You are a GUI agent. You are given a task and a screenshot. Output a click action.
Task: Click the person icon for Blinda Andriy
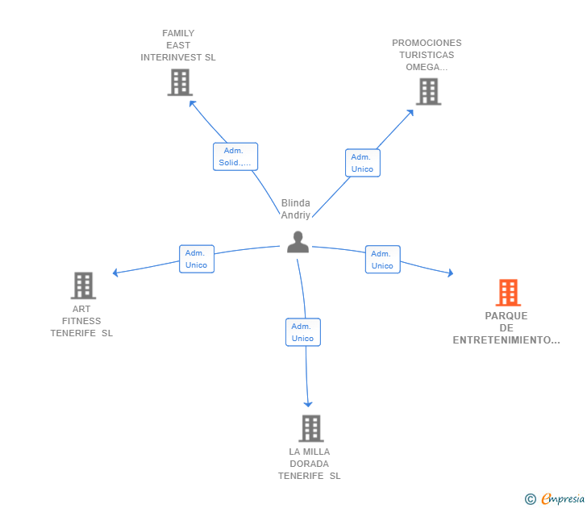pyautogui.click(x=298, y=242)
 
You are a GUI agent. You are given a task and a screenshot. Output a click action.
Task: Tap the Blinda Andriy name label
pyautogui.click(x=296, y=209)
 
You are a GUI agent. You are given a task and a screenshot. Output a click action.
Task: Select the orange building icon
pyautogui.click(x=508, y=293)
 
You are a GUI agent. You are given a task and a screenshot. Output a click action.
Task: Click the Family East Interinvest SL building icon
pyautogui.click(x=180, y=82)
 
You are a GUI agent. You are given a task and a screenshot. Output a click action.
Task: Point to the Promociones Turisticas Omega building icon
pyautogui.click(x=429, y=92)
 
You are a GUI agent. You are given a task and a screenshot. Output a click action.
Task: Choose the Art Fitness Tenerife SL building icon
pyautogui.click(x=84, y=285)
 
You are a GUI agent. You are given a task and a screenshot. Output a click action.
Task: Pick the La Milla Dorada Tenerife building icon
pyautogui.click(x=311, y=428)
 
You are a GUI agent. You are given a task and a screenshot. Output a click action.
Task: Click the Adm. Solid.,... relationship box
pyautogui.click(x=235, y=156)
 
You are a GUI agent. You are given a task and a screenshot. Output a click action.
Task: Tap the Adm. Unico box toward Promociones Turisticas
pyautogui.click(x=363, y=163)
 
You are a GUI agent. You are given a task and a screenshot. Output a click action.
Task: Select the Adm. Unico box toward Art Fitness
pyautogui.click(x=197, y=259)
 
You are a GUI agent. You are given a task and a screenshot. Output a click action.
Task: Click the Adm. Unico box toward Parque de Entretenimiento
pyautogui.click(x=382, y=260)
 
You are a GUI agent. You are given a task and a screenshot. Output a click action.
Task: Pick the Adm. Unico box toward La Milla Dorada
pyautogui.click(x=303, y=332)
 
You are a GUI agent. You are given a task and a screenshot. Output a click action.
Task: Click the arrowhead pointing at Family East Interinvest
pyautogui.click(x=192, y=103)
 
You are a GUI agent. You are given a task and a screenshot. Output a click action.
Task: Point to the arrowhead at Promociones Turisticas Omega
pyautogui.click(x=410, y=112)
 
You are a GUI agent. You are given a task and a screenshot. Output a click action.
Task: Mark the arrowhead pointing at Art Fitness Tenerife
pyautogui.click(x=115, y=273)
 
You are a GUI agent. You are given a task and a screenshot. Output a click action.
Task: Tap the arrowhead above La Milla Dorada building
pyautogui.click(x=308, y=404)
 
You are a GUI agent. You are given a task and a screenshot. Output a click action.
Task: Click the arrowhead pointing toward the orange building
pyautogui.click(x=451, y=273)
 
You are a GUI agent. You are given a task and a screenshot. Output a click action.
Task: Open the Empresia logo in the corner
pyautogui.click(x=555, y=499)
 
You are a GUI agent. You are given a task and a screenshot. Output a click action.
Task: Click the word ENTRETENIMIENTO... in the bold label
pyautogui.click(x=506, y=340)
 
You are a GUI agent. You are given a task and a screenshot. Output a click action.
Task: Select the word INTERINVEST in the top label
pyautogui.click(x=171, y=57)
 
